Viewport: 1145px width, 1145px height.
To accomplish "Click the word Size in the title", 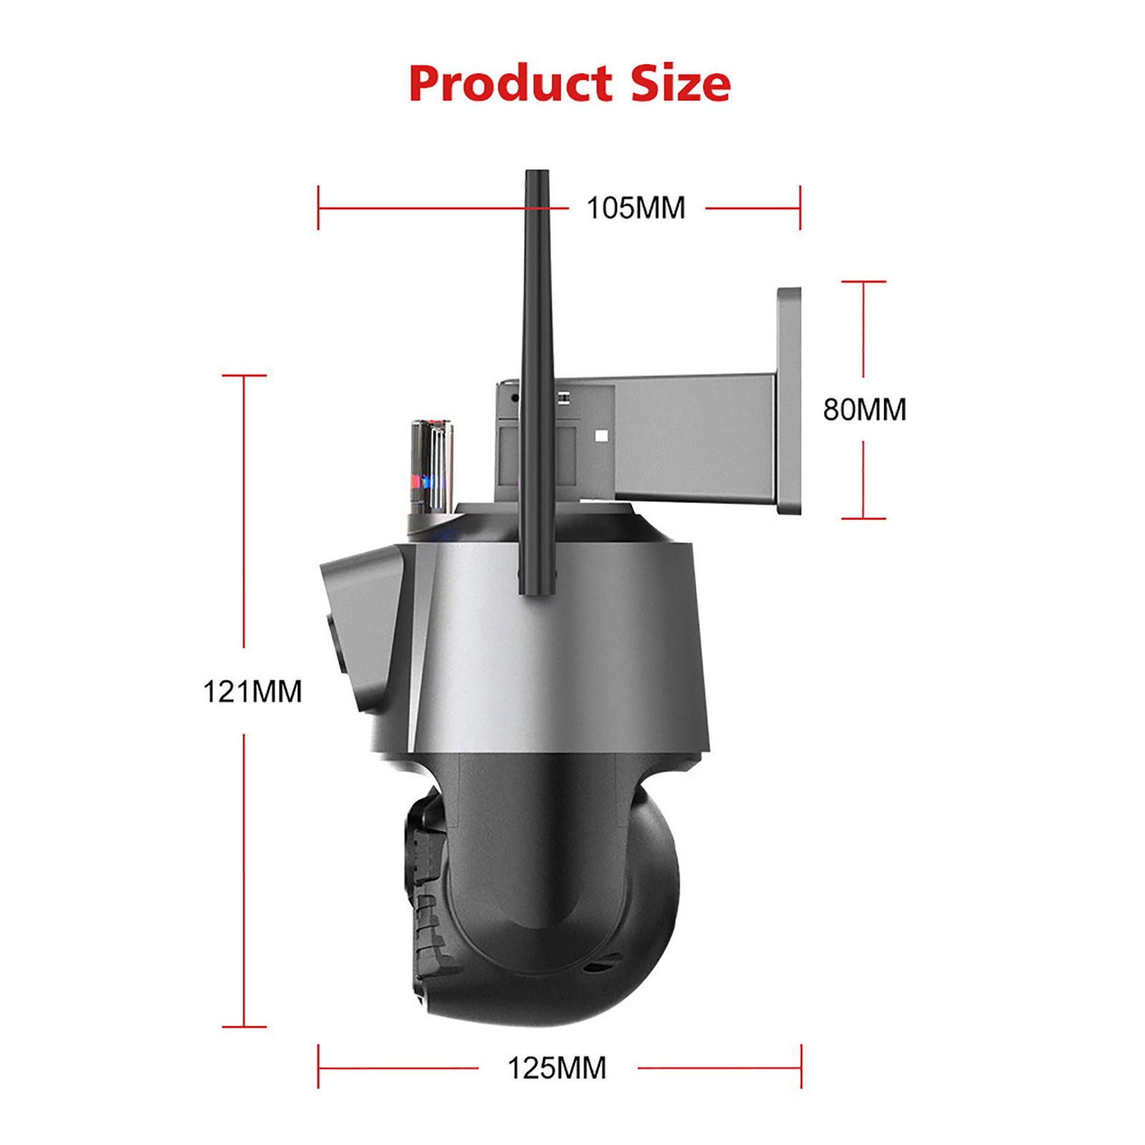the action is tap(681, 84).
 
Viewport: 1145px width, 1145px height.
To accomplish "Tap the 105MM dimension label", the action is tap(636, 208).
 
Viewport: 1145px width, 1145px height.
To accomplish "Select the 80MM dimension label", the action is tap(864, 410).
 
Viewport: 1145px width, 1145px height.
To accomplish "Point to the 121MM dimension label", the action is tap(253, 692).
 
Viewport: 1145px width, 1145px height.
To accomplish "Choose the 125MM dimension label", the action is tap(557, 1068).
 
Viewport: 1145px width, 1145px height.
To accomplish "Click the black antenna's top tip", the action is tap(537, 172).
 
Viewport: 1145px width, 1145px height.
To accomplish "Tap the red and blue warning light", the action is tap(431, 467).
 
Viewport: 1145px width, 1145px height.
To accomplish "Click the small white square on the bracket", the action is tap(601, 436).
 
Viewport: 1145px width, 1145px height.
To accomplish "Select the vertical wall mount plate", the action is tap(789, 401).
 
